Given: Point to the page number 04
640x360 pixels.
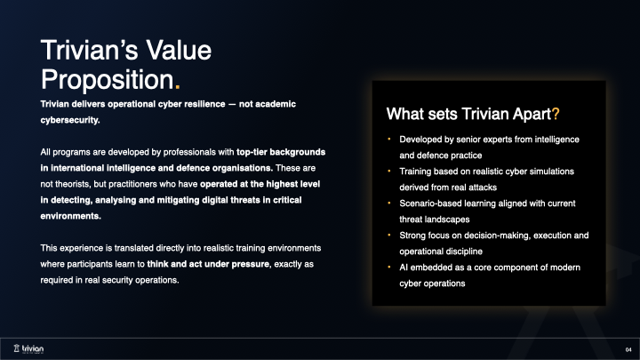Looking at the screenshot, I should coord(628,347).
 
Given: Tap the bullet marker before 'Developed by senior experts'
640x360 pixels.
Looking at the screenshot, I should coord(388,140).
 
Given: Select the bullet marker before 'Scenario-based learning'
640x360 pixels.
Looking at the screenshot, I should coord(388,204).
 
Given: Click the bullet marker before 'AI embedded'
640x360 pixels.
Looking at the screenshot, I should coord(388,267).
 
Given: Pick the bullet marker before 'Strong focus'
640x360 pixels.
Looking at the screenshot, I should coord(388,236).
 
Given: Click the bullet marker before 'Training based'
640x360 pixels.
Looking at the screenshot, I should coord(388,172).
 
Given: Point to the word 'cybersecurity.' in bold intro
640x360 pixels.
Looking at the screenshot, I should coord(70,119).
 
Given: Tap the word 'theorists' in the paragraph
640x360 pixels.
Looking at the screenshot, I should coord(74,183).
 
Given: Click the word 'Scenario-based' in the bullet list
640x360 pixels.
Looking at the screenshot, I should coord(429,204).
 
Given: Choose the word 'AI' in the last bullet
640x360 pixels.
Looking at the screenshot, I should coord(404,267).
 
